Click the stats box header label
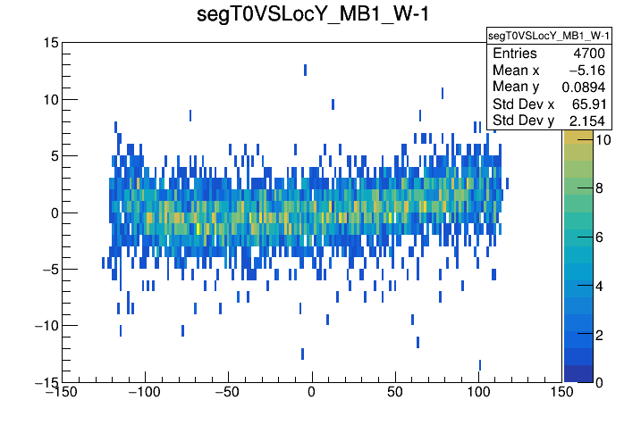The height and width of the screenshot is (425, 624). [548, 36]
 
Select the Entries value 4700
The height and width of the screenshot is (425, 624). [591, 54]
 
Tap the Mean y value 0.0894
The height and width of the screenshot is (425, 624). [585, 87]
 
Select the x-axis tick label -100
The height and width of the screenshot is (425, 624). [144, 392]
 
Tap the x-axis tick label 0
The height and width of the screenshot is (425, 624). [312, 392]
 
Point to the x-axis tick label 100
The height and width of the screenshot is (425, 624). [478, 392]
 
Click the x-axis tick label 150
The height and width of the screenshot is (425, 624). [561, 392]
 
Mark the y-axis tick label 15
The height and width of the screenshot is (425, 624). [51, 43]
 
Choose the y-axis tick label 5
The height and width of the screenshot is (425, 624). [55, 156]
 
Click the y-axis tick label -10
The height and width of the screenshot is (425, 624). [45, 326]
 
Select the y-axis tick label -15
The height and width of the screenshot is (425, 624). [45, 382]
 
